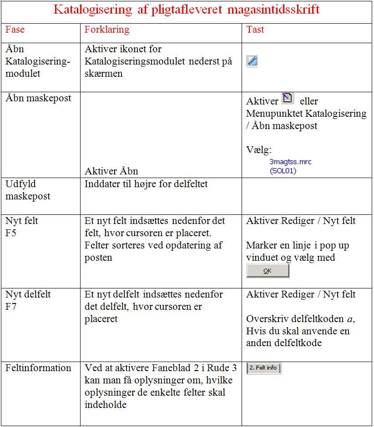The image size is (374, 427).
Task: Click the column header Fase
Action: (15, 30)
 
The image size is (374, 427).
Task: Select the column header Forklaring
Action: (107, 30)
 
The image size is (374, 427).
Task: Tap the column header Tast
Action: (255, 30)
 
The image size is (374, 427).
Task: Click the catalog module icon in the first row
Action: (252, 61)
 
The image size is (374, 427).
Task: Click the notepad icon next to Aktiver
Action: (288, 98)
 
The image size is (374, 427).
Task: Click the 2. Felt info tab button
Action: (264, 368)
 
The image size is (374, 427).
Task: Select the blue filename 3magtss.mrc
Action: (290, 162)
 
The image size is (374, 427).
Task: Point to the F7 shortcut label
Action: (11, 307)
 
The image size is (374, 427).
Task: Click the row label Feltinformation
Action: (38, 368)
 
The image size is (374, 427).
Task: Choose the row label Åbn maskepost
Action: (38, 98)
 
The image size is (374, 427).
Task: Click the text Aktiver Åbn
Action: (111, 171)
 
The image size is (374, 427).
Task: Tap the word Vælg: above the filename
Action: (259, 150)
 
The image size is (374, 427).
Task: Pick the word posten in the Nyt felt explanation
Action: (98, 258)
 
